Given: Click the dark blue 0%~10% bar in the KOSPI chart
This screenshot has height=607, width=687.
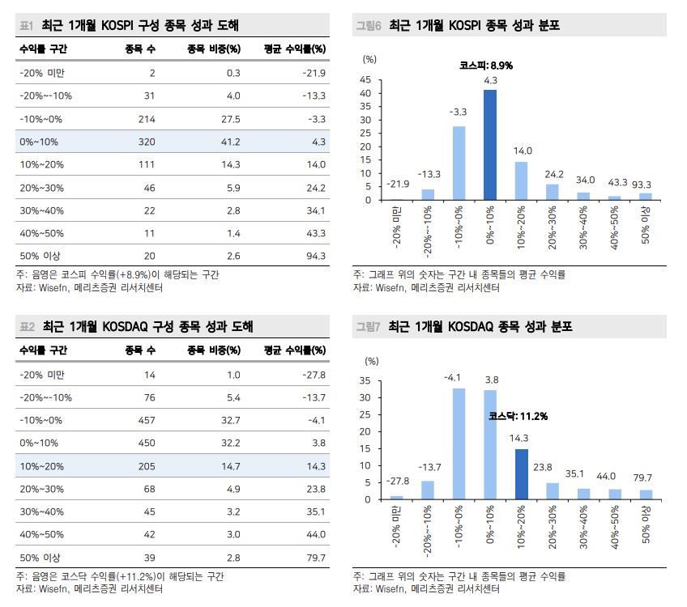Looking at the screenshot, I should click(490, 145).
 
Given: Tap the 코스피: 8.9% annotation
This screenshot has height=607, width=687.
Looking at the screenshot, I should click(486, 65).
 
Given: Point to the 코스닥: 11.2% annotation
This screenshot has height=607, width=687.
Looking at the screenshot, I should click(518, 416).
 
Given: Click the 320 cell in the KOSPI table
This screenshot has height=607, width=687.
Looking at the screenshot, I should click(146, 142).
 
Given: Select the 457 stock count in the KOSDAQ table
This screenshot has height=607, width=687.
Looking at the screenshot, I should click(146, 420).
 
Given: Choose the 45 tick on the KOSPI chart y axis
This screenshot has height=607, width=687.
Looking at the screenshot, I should click(365, 80).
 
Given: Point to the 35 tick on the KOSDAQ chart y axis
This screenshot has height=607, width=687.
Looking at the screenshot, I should click(365, 381).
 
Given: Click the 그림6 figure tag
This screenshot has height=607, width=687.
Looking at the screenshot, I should click(368, 26).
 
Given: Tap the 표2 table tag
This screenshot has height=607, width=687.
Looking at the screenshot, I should click(28, 327).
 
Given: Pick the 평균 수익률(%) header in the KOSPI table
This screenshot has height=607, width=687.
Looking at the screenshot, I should click(295, 49).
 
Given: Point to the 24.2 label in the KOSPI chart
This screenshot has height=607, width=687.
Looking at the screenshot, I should click(553, 174).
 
